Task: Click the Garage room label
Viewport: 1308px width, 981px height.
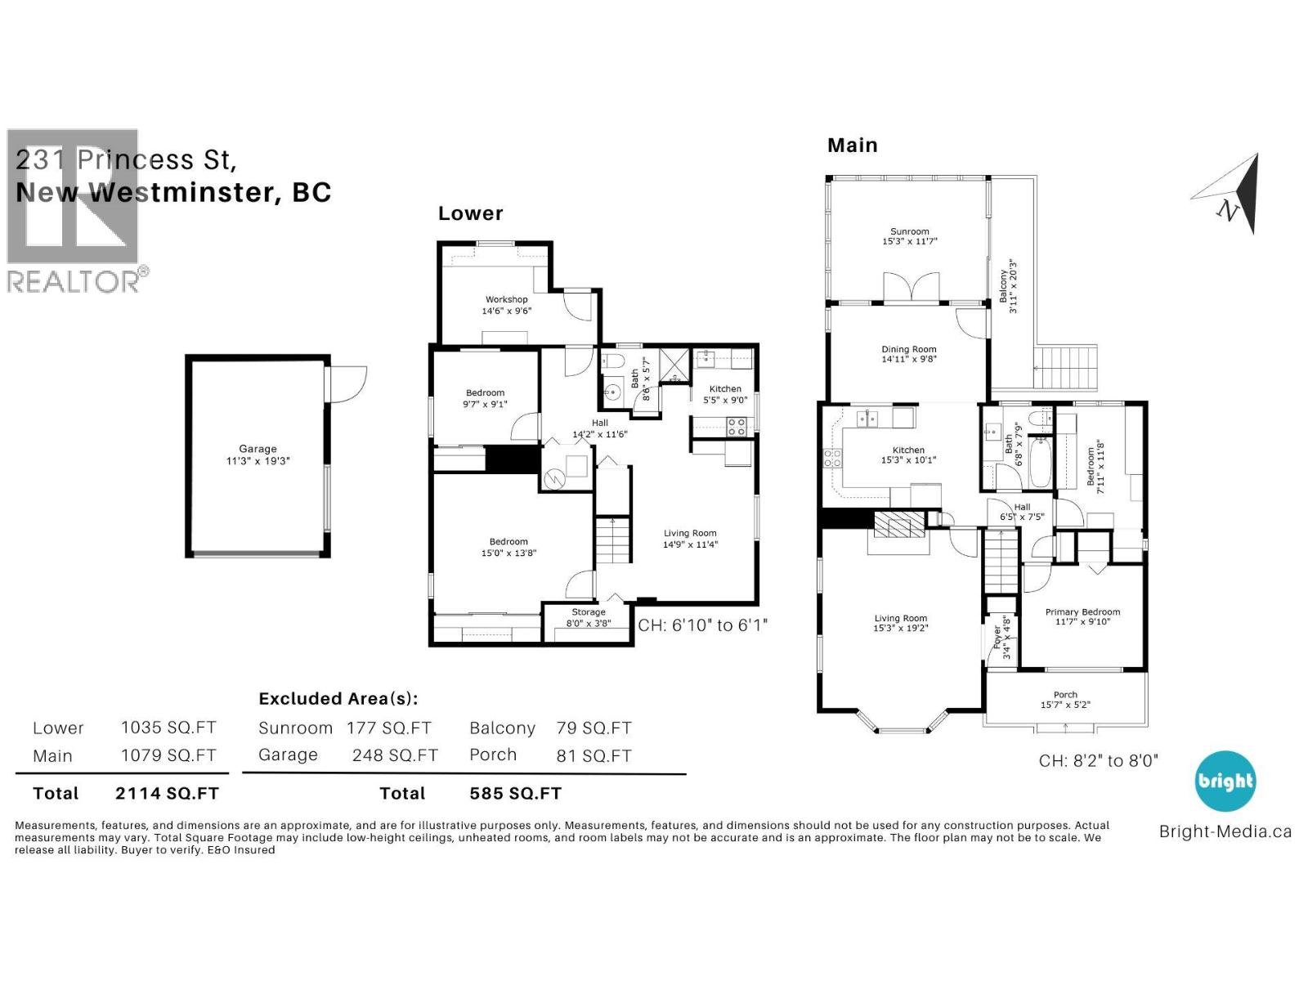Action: point(258,449)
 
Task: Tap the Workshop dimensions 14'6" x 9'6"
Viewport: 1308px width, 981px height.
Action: point(507,311)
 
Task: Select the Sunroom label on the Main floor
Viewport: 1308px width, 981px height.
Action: point(909,231)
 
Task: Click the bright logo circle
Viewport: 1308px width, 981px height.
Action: point(1225,781)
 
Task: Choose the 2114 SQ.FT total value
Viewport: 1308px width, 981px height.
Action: point(167,793)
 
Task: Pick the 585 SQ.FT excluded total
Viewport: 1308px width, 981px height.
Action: point(516,793)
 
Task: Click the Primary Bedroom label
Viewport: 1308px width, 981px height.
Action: point(1082,611)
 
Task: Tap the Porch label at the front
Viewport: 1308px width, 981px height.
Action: point(1065,695)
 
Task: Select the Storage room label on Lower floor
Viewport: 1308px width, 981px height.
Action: point(588,611)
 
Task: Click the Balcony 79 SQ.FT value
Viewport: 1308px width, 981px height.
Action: point(594,728)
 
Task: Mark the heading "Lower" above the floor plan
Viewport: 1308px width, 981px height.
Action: point(470,213)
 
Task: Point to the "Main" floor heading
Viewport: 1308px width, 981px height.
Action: point(852,146)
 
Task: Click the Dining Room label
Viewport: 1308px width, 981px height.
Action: point(909,349)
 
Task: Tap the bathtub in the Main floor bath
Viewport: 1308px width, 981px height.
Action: point(1040,462)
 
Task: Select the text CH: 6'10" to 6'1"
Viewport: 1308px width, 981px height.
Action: point(702,625)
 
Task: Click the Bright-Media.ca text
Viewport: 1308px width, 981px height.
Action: point(1225,831)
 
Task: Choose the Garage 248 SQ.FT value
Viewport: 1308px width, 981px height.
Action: point(395,755)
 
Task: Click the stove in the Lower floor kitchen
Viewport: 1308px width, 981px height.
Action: point(737,427)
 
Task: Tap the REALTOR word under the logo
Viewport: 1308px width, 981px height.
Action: point(74,282)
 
